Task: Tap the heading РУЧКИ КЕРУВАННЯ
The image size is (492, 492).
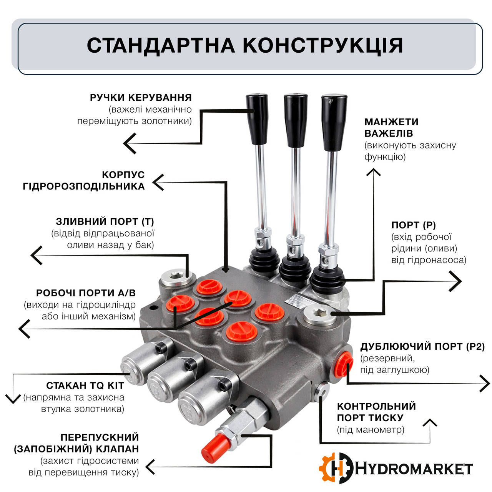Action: point(141,98)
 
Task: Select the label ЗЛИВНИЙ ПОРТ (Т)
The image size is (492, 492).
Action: point(105,222)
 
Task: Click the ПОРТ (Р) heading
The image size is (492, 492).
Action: point(414,225)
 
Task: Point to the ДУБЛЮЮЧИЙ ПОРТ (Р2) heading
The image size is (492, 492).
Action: point(422,347)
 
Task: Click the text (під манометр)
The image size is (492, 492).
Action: point(371,430)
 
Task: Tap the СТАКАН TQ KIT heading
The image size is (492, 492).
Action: point(85,386)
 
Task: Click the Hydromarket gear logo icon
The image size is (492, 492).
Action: point(336,468)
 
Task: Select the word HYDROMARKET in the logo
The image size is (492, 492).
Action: point(414,469)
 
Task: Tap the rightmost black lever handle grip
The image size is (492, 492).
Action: point(333,122)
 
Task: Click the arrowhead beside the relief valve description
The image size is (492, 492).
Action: point(150,467)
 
